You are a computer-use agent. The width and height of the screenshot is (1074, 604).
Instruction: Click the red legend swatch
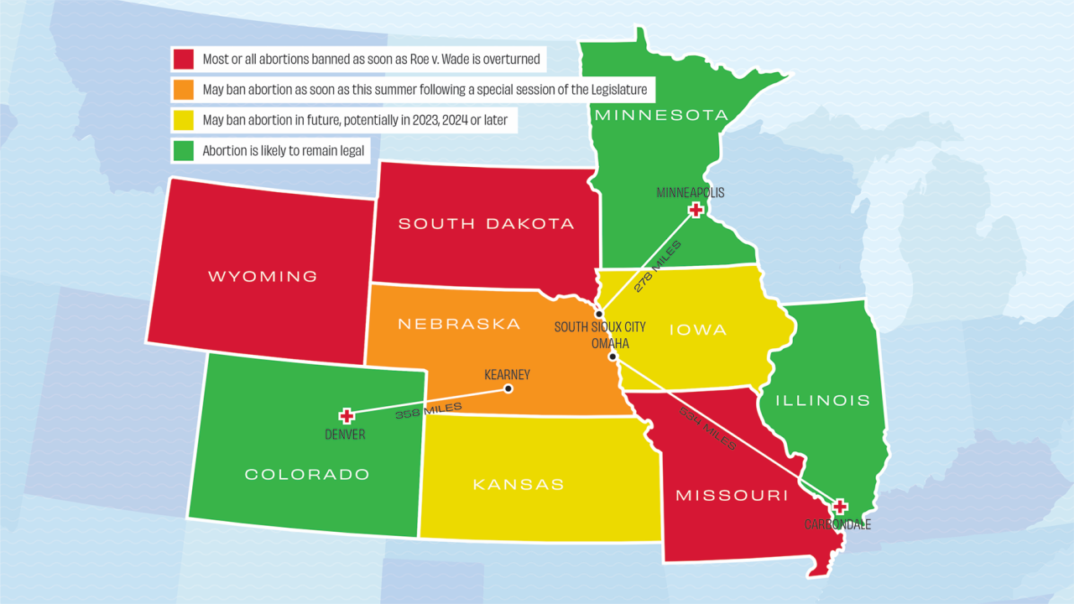pyautogui.click(x=184, y=59)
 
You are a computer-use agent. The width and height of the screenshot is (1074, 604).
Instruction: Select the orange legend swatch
pyautogui.click(x=184, y=89)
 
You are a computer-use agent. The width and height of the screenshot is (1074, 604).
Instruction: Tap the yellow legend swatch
pyautogui.click(x=184, y=120)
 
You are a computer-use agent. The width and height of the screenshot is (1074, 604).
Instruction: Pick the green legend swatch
pyautogui.click(x=184, y=151)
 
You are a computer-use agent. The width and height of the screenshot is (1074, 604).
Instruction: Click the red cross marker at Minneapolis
pyautogui.click(x=695, y=211)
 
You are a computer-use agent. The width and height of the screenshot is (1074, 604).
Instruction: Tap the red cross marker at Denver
pyautogui.click(x=346, y=416)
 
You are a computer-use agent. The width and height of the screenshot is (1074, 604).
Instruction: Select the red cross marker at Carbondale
pyautogui.click(x=839, y=507)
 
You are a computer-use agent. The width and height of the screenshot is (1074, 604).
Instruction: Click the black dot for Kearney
pyautogui.click(x=508, y=388)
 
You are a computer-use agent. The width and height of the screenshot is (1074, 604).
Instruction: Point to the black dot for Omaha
pyautogui.click(x=613, y=357)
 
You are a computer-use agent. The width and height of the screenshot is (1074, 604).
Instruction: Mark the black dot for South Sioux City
pyautogui.click(x=599, y=314)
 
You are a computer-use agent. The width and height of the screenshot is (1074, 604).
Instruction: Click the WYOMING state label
pyautogui.click(x=263, y=276)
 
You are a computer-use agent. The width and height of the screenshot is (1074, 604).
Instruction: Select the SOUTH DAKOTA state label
pyautogui.click(x=486, y=223)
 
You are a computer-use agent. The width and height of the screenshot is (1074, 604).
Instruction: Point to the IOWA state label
pyautogui.click(x=698, y=330)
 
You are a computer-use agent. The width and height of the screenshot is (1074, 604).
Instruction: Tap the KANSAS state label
pyautogui.click(x=519, y=484)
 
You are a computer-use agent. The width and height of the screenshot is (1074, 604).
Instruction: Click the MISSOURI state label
pyautogui.click(x=732, y=495)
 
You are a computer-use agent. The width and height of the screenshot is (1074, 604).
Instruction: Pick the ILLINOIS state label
pyautogui.click(x=822, y=400)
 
